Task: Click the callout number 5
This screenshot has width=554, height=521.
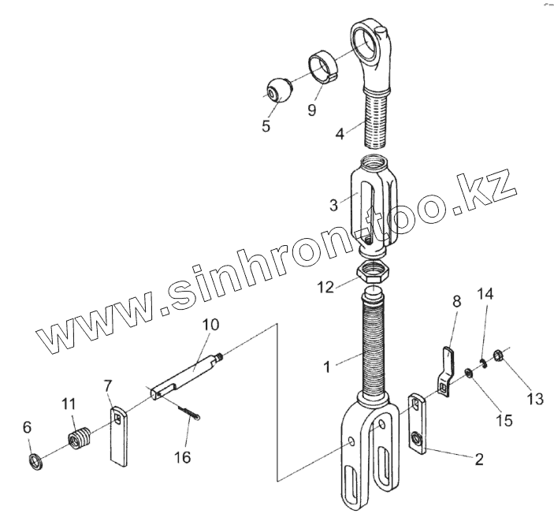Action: point(266,125)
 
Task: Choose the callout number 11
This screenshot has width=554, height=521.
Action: point(68,404)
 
